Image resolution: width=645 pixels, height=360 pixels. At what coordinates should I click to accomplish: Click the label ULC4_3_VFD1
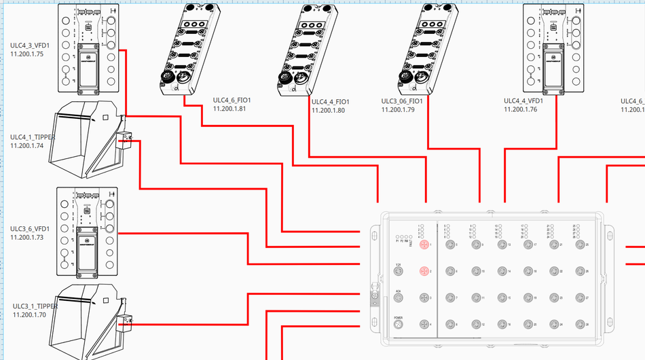point(30,45)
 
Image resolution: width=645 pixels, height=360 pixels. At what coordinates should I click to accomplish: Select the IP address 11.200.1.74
point(27,145)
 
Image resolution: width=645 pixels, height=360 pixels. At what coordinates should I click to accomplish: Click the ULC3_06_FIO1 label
point(403,101)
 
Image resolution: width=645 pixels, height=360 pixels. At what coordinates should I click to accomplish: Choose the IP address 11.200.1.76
point(520,109)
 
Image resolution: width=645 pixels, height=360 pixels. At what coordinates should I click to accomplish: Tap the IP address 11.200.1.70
point(30,314)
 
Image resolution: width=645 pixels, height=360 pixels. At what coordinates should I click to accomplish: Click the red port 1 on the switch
point(424,244)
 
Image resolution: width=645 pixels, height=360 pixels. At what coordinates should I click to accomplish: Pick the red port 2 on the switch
point(424,272)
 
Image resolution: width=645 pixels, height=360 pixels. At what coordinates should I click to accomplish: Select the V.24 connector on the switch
point(399,272)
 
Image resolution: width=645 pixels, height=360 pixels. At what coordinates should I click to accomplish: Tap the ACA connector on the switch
point(399,298)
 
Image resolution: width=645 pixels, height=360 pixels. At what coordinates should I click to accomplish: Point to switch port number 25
point(579,244)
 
